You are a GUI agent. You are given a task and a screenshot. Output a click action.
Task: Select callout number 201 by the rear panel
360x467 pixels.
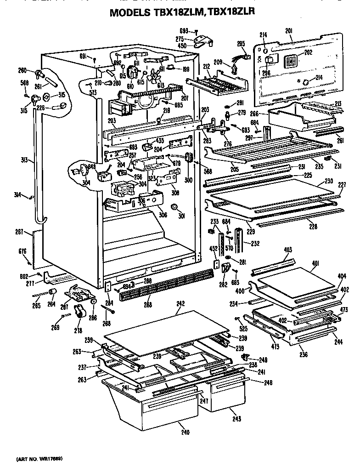pos(289,31)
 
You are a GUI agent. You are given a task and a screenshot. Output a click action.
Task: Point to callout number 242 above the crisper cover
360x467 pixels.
pos(180,304)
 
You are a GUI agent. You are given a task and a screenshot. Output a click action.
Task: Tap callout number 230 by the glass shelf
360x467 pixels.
pos(328,181)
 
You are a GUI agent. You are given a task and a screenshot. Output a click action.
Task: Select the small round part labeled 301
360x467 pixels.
pos(174,208)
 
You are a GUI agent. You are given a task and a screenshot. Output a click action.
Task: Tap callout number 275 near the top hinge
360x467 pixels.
pos(180,39)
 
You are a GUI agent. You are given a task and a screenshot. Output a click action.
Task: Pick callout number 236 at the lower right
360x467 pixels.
pos(304,354)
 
